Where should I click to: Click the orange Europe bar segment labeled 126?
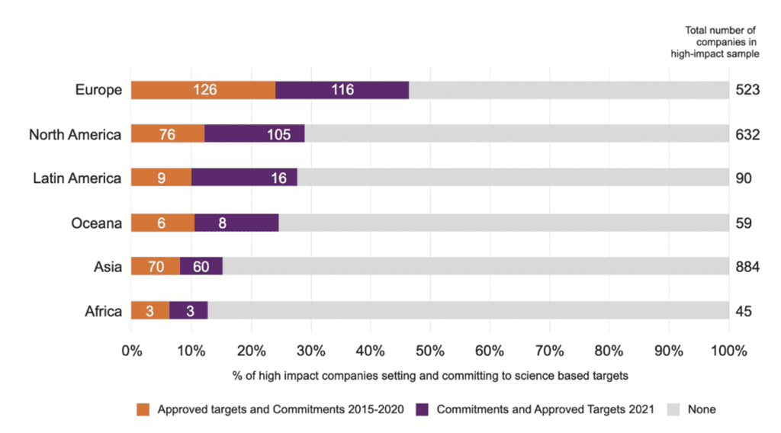(203, 90)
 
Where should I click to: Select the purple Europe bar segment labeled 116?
(342, 90)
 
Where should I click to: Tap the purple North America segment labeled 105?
(255, 134)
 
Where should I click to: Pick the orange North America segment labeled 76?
(168, 134)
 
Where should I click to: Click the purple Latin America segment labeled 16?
(244, 178)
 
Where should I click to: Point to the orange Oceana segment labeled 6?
(162, 223)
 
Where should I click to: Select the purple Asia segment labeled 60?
(201, 267)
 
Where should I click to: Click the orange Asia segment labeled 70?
(156, 267)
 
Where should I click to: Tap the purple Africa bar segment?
(188, 311)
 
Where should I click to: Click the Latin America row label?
(77, 178)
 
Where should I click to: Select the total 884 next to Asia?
(747, 267)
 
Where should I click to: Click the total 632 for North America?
(747, 134)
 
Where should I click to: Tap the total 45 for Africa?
(744, 311)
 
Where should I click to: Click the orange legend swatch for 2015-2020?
(143, 409)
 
